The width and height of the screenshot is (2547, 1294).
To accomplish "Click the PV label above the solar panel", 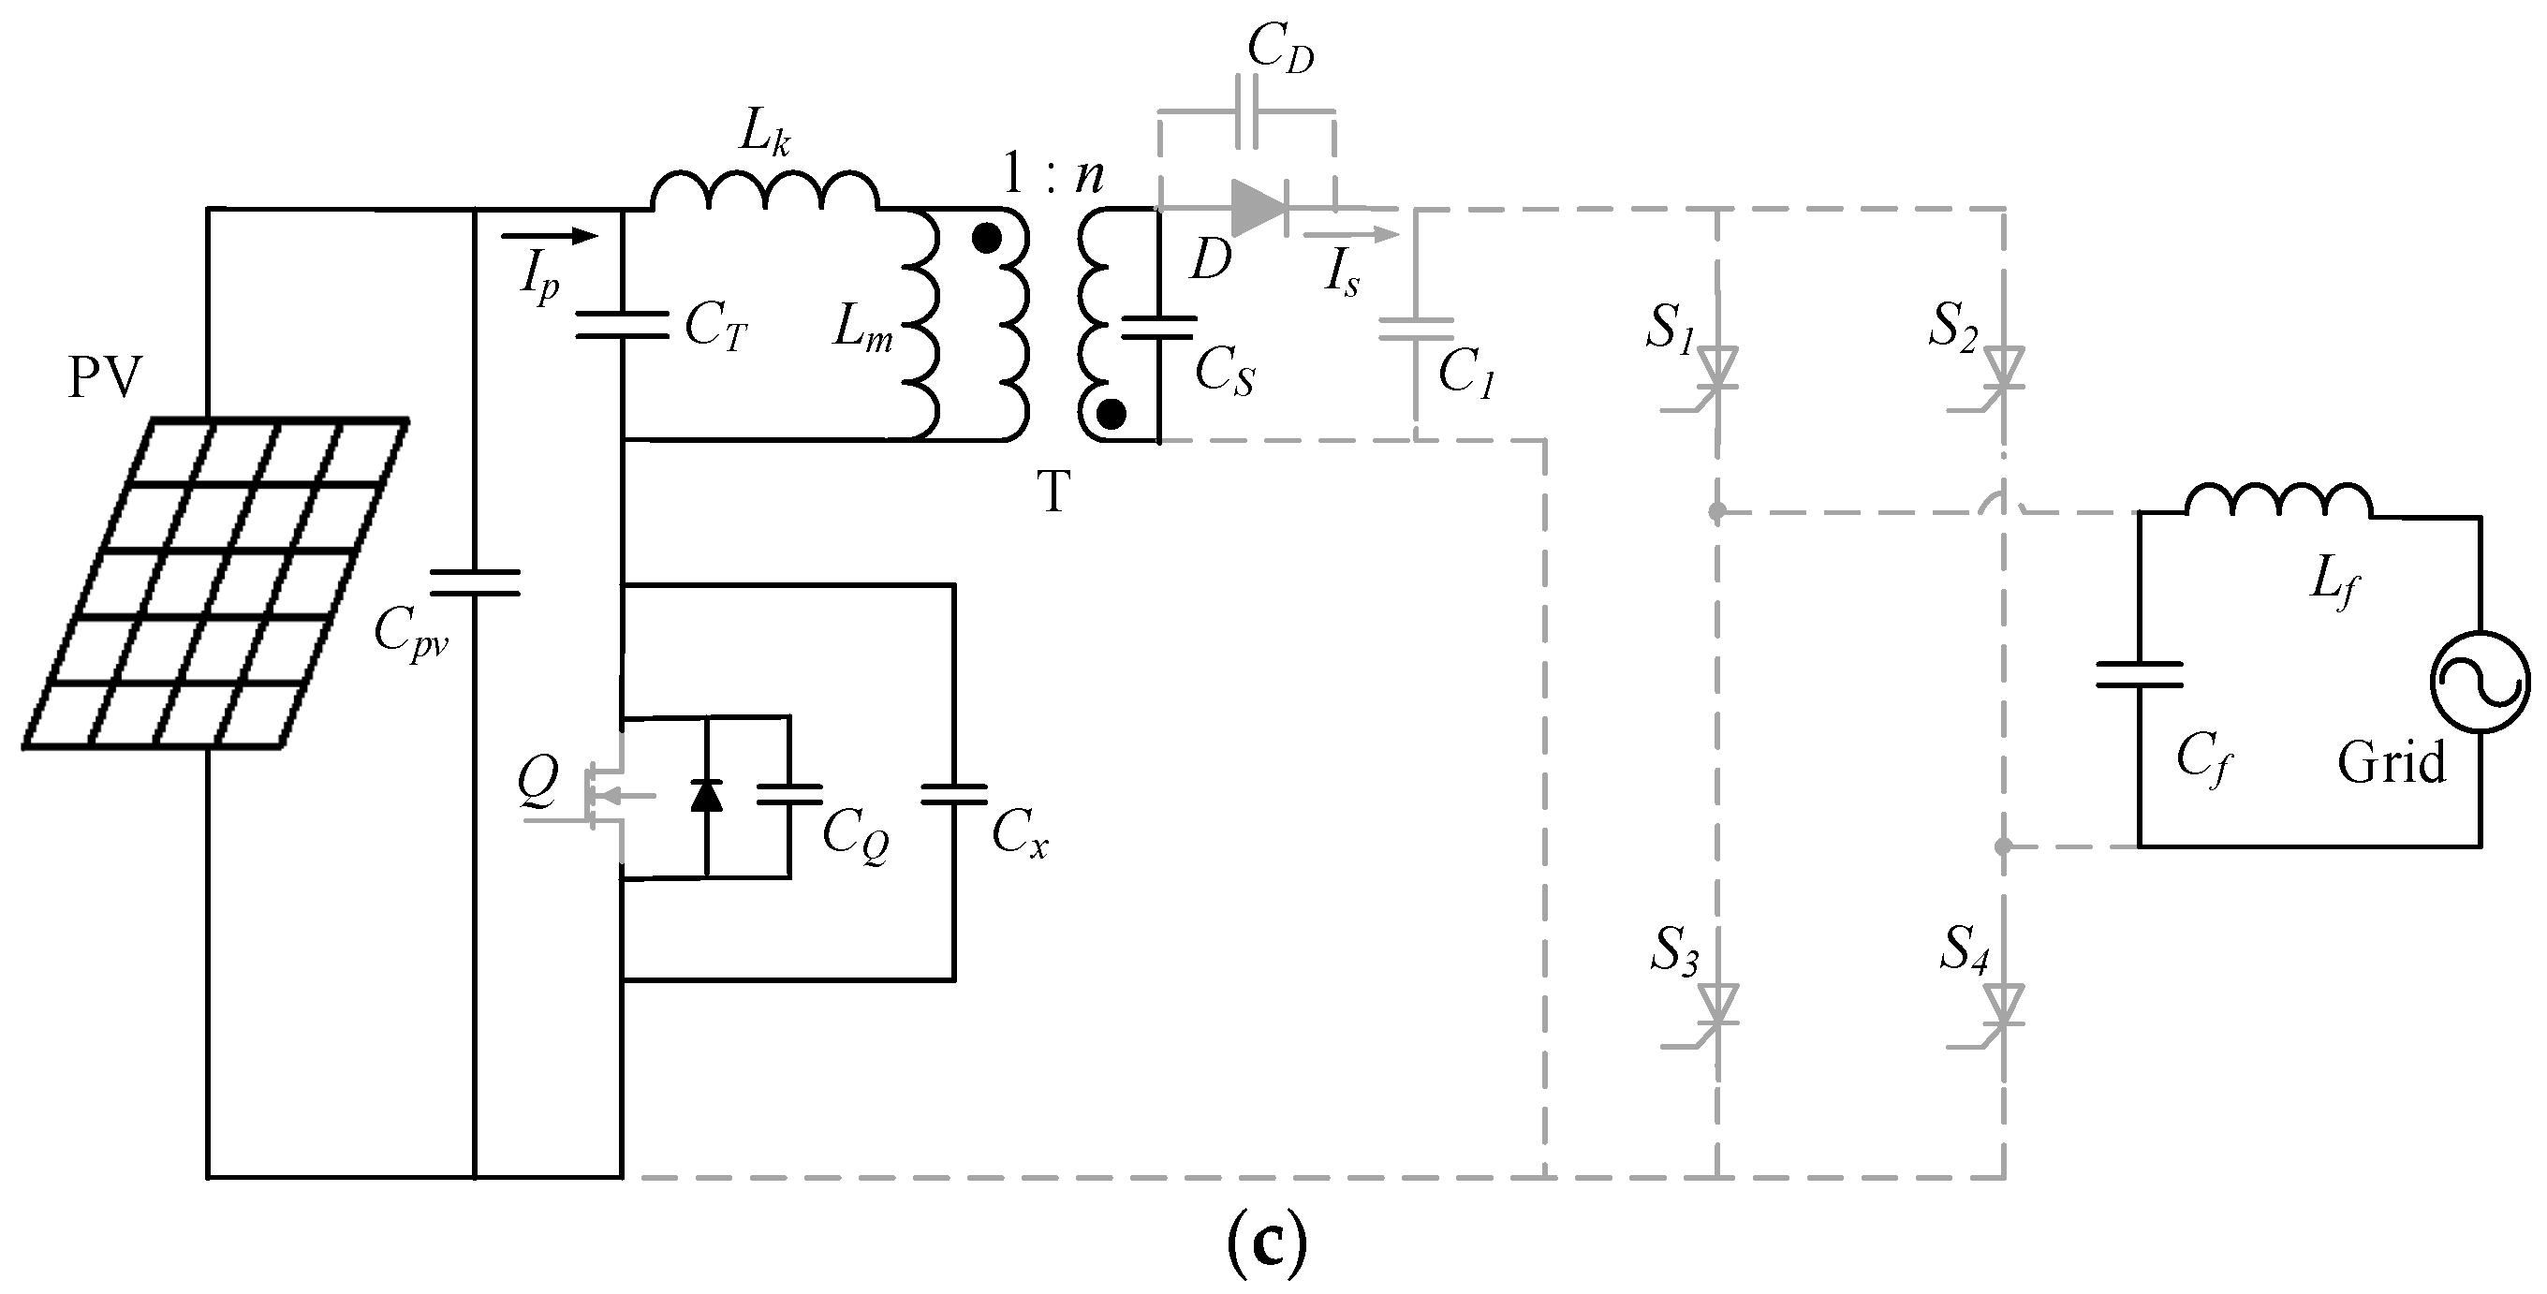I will [x=104, y=378].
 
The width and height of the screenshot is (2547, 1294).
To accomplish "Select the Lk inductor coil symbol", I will [x=764, y=192].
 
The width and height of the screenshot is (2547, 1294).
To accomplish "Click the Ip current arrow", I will [x=550, y=236].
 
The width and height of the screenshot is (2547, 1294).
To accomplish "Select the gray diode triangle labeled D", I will [x=1258, y=209].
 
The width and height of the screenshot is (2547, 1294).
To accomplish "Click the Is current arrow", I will [x=1350, y=235].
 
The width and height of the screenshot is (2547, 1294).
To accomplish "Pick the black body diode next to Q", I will [x=706, y=795].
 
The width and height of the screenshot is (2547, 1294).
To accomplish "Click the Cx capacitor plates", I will [x=953, y=795].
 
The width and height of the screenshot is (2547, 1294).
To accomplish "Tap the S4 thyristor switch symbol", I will [x=2004, y=1007].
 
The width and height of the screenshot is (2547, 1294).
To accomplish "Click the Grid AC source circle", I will [x=2481, y=684].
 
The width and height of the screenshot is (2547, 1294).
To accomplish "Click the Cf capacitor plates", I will [x=2139, y=675].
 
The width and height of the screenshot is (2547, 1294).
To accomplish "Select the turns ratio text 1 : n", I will [x=1053, y=176].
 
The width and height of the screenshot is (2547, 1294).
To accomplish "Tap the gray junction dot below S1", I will [x=1717, y=512].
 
